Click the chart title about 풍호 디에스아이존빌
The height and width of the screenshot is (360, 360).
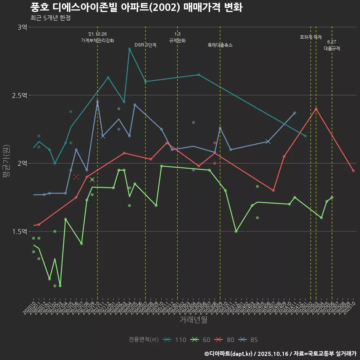136,7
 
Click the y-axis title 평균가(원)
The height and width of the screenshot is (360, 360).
6,163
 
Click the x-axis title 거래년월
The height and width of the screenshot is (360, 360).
193,320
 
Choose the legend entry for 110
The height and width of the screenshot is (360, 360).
175,340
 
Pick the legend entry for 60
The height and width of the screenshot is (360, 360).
201,340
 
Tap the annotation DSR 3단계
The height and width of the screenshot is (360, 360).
145,45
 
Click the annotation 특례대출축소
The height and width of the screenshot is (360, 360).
220,45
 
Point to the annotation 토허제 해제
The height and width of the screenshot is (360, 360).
311,37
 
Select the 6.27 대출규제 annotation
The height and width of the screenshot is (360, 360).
332,45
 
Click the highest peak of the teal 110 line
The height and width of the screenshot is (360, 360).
129,49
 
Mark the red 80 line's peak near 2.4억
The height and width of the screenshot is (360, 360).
316,109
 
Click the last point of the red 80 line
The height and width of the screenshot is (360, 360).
353,171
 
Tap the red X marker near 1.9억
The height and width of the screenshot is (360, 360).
76,177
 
